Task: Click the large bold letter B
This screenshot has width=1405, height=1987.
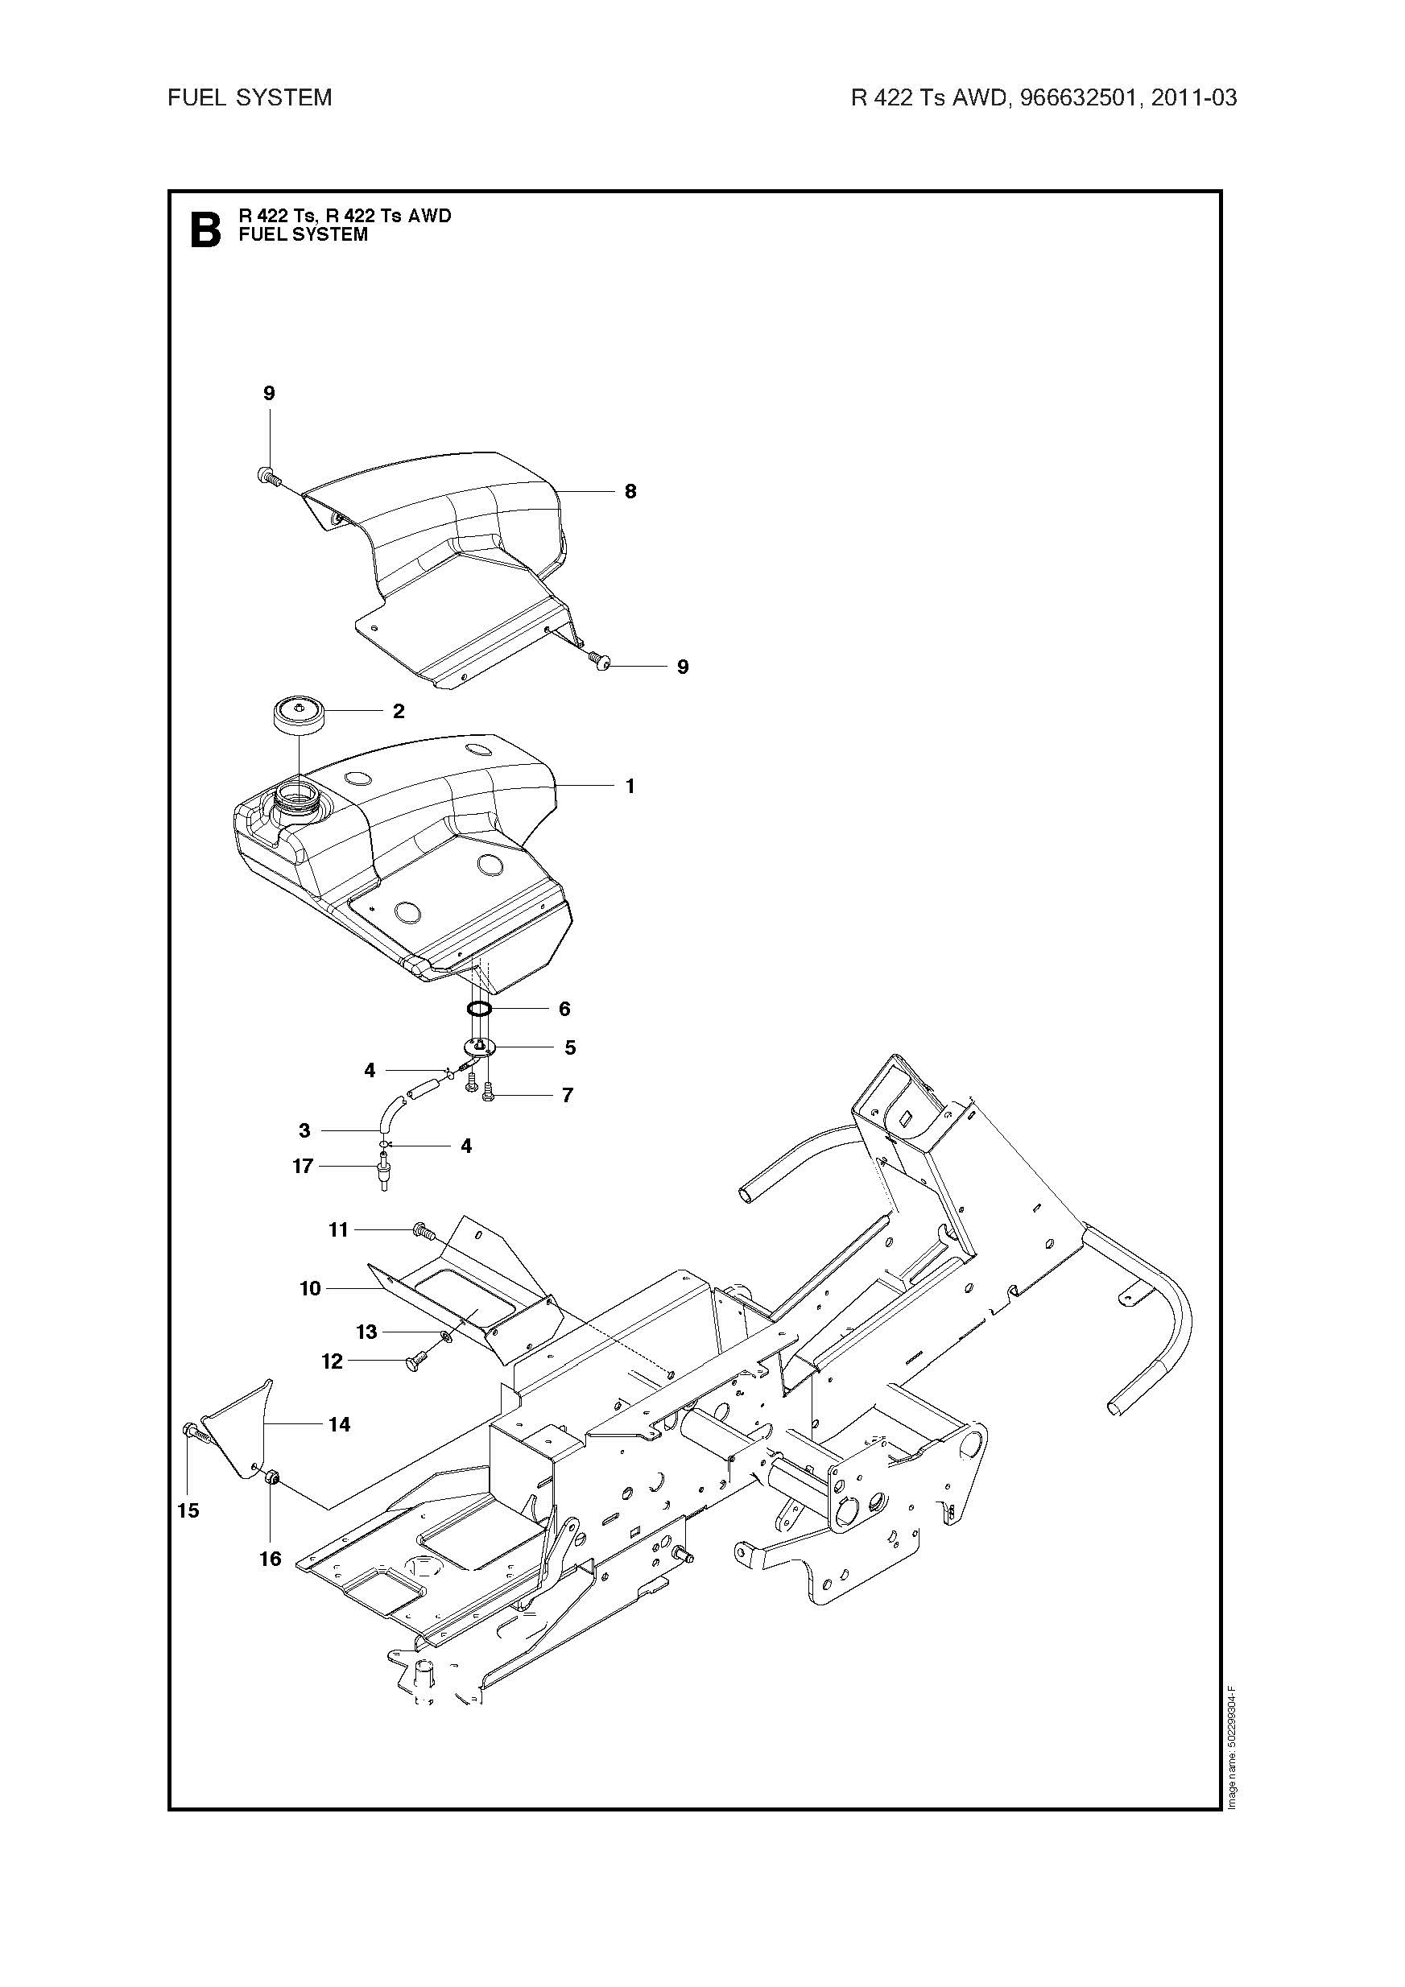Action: pos(205,230)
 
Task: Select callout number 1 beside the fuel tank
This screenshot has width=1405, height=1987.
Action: pos(630,786)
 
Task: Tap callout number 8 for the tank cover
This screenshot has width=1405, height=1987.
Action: pos(630,492)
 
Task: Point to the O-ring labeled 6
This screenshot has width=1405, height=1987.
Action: pos(481,1008)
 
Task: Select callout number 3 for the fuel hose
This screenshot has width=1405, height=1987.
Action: pos(304,1130)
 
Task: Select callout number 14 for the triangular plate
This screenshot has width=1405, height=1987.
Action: pos(339,1424)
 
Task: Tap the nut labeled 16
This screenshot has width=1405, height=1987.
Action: pos(269,1477)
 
